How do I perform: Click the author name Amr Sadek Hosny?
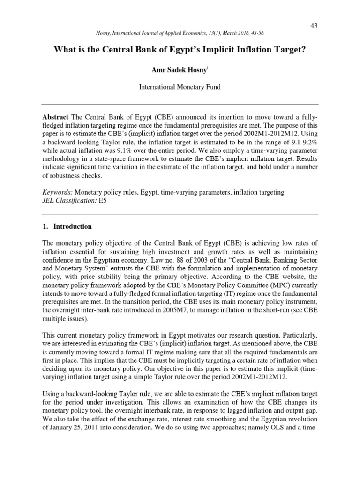click(x=179, y=70)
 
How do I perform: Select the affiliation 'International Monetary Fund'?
click(x=180, y=87)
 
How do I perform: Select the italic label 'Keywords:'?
click(x=58, y=193)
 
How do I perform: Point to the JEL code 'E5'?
click(x=103, y=201)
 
